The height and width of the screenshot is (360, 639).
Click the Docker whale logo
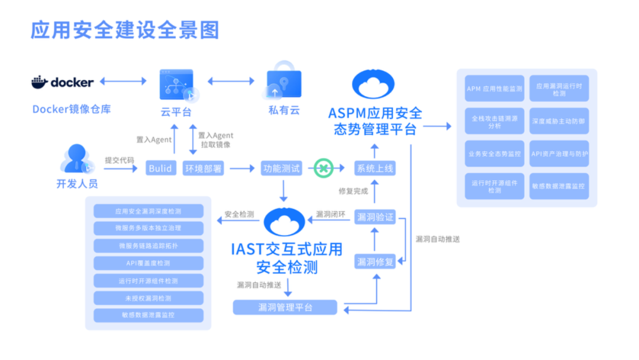pyautogui.click(x=40, y=82)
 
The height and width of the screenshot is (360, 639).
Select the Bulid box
pyautogui.click(x=160, y=168)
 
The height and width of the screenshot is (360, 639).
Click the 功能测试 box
pyautogui.click(x=281, y=168)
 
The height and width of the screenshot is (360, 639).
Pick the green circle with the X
pyautogui.click(x=323, y=168)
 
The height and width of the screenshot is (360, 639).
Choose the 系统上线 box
pyautogui.click(x=374, y=168)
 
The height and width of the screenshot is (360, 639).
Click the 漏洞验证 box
pyautogui.click(x=374, y=217)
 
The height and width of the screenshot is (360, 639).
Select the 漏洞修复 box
pyautogui.click(x=374, y=261)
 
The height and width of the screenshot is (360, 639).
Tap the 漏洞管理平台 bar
pyautogui.click(x=285, y=307)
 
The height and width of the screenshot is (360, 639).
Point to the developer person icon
pyautogui.click(x=76, y=160)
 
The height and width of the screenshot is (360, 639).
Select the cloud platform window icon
pyautogui.click(x=176, y=84)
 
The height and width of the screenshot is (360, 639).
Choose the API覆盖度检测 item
pyautogui.click(x=148, y=263)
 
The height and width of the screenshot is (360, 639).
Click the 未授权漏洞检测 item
pyautogui.click(x=148, y=298)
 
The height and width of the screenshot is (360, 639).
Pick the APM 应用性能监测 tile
pyautogui.click(x=494, y=89)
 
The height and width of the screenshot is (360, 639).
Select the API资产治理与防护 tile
pyautogui.click(x=559, y=153)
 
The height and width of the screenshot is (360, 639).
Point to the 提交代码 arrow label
pyautogui.click(x=120, y=160)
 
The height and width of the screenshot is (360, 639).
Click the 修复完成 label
pyautogui.click(x=353, y=191)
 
